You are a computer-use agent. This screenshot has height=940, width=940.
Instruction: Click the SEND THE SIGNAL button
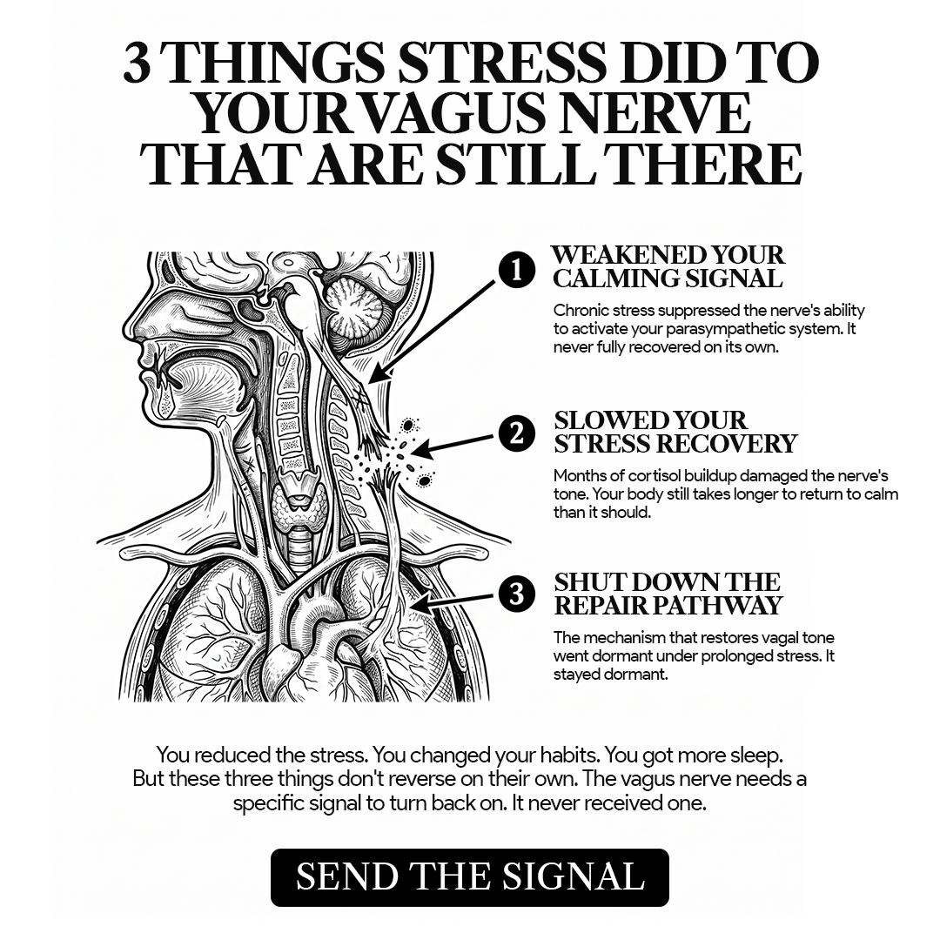(x=469, y=876)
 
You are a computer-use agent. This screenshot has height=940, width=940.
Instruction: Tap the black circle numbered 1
(x=517, y=271)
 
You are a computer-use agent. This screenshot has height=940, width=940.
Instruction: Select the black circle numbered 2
(x=517, y=433)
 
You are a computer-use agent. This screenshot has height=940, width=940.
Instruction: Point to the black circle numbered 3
(x=517, y=594)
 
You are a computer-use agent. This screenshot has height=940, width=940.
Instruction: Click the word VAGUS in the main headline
(x=454, y=114)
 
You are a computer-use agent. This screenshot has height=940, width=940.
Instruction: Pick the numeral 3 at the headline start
(x=137, y=63)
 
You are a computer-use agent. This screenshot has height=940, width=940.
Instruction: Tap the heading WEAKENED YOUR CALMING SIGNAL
(x=668, y=267)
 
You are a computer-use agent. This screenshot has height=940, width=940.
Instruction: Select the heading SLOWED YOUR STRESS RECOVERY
(x=675, y=432)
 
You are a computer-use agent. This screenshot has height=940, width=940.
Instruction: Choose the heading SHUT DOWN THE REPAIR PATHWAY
(x=668, y=594)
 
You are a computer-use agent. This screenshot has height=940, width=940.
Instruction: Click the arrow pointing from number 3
(x=453, y=602)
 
